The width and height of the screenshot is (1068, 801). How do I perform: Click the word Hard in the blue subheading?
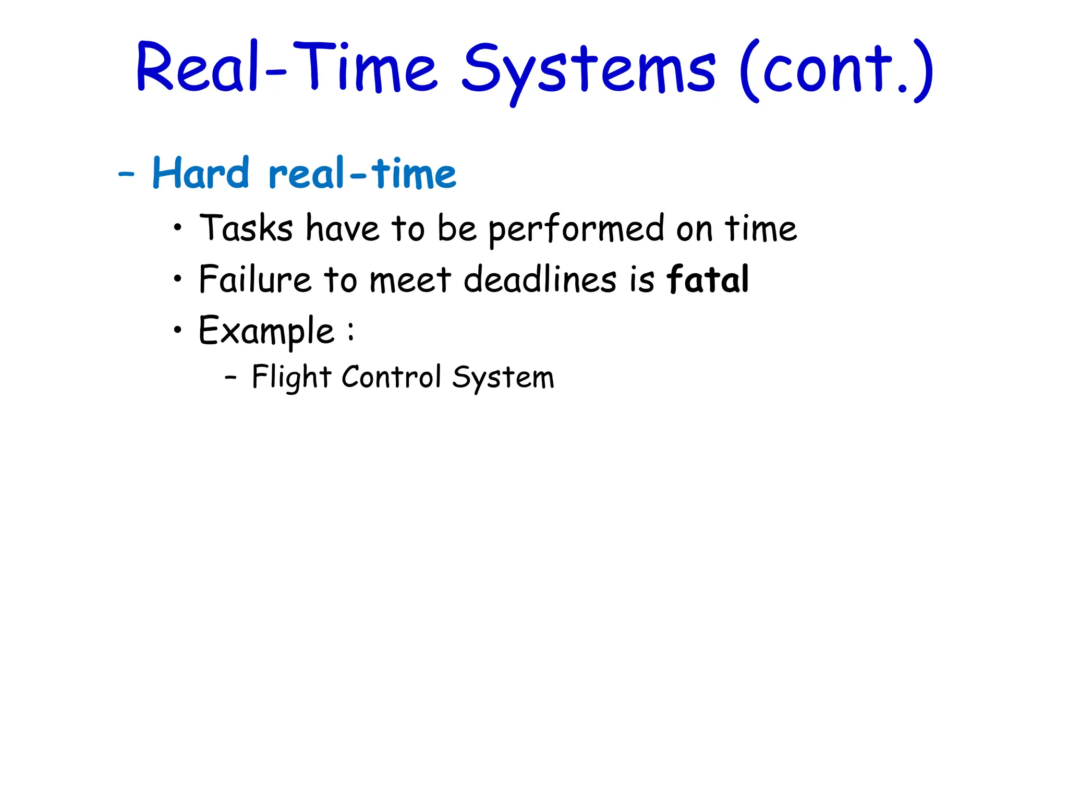pyautogui.click(x=201, y=173)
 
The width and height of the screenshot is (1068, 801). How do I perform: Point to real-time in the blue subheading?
pyautogui.click(x=362, y=173)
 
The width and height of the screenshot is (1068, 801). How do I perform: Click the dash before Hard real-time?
pyautogui.click(x=127, y=174)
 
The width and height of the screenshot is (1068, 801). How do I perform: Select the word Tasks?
pyautogui.click(x=246, y=228)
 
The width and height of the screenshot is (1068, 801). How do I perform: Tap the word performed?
pyautogui.click(x=576, y=229)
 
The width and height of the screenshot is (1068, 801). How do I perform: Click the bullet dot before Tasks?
pyautogui.click(x=178, y=227)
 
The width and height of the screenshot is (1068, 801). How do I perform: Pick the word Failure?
pyautogui.click(x=255, y=279)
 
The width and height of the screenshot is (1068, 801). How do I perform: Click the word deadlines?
pyautogui.click(x=540, y=279)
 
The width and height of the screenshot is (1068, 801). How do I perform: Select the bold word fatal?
pyautogui.click(x=708, y=279)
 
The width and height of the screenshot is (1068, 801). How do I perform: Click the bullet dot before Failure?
pyautogui.click(x=178, y=278)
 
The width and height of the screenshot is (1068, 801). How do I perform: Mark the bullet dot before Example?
pyautogui.click(x=178, y=330)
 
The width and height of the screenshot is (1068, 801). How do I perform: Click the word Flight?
pyautogui.click(x=291, y=377)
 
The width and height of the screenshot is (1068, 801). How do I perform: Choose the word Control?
pyautogui.click(x=391, y=377)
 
